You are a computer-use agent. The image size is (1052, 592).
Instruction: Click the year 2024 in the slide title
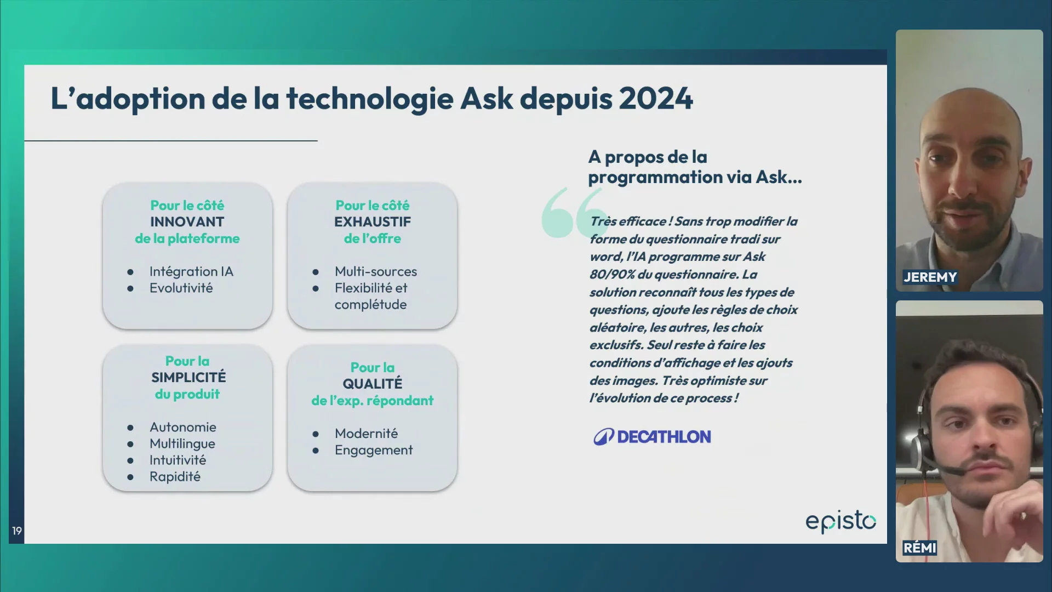tap(656, 99)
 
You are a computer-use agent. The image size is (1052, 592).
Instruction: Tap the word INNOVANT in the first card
tap(187, 222)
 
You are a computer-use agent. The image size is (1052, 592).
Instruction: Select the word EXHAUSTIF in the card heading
tap(373, 222)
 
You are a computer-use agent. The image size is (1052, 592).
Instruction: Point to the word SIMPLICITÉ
tap(188, 377)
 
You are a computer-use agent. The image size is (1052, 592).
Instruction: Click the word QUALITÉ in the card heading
tap(373, 384)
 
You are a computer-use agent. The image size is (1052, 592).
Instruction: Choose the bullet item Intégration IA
tap(191, 271)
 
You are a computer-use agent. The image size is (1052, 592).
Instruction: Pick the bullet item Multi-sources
tap(376, 271)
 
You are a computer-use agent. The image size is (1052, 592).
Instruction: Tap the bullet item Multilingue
tap(182, 443)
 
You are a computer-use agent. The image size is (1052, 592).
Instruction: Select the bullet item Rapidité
tap(175, 476)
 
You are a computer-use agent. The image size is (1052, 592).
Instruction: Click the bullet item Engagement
tap(374, 450)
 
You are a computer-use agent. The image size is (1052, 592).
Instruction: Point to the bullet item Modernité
tap(366, 433)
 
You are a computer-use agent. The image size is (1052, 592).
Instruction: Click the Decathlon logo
tap(652, 436)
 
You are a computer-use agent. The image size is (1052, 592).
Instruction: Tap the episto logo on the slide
tap(841, 521)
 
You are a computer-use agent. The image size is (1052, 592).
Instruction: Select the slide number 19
tap(17, 531)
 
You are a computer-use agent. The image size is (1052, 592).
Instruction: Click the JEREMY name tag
tap(930, 277)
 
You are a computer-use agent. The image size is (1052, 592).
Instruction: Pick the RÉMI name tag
tap(919, 548)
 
